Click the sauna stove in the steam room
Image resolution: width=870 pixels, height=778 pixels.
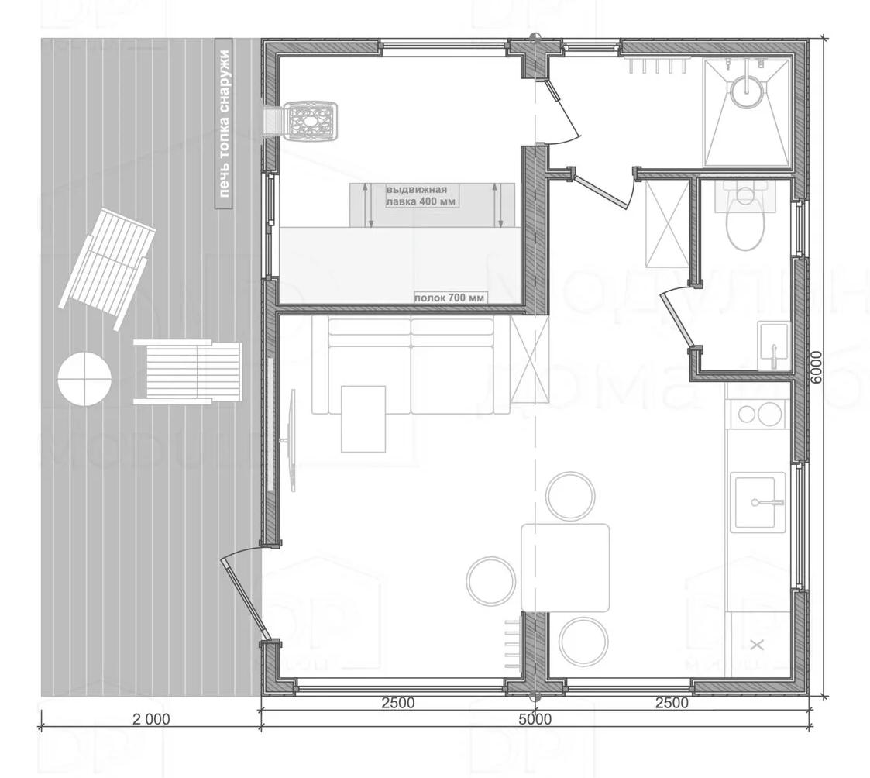pyautogui.click(x=311, y=121)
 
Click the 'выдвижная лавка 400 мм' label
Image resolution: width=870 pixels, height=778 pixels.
pyautogui.click(x=421, y=194)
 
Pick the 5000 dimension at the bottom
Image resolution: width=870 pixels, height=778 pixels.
pyautogui.click(x=535, y=719)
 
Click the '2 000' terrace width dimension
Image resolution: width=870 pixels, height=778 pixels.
pyautogui.click(x=150, y=719)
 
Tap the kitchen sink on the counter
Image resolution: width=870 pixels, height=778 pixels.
pyautogui.click(x=758, y=501)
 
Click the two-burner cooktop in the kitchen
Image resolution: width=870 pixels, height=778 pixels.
pyautogui.click(x=758, y=414)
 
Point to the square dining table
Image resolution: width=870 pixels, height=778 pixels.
pyautogui.click(x=565, y=567)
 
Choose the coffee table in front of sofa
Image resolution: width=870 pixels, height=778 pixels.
pyautogui.click(x=363, y=418)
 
